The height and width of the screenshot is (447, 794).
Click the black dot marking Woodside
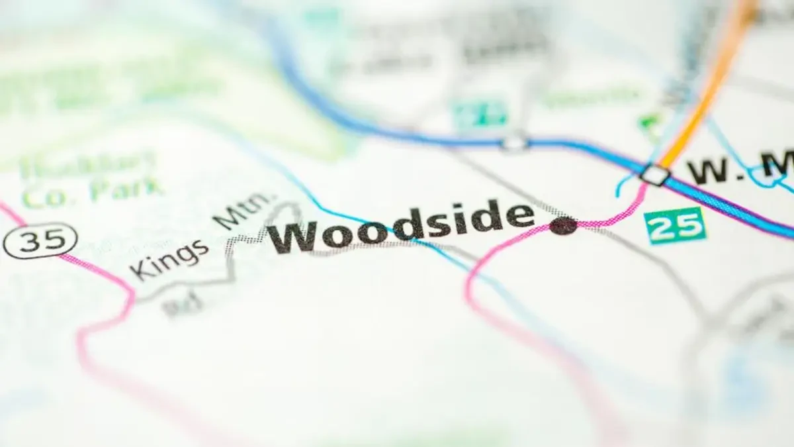coord(563,226)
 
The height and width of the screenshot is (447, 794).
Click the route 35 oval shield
coord(40,240)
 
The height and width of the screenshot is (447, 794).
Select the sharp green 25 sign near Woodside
coord(675,226)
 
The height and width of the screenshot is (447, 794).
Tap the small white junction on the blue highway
coord(514,142)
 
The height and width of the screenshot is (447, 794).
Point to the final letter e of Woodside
coord(519,217)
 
